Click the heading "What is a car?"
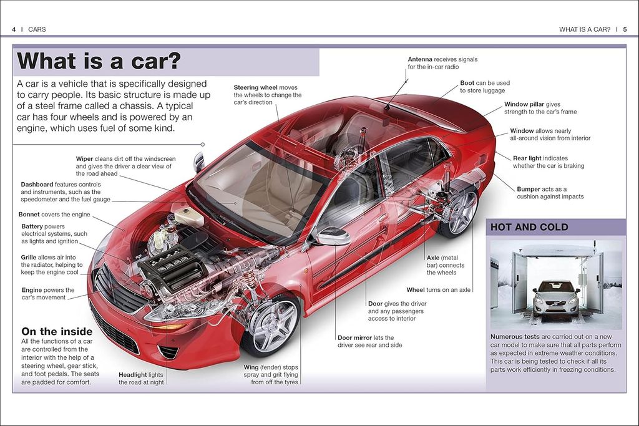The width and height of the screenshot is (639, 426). [x=99, y=61]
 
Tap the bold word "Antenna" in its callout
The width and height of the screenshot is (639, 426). [x=420, y=59]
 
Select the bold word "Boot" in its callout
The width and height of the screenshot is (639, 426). [x=467, y=83]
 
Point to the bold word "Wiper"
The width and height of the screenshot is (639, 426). [x=84, y=159]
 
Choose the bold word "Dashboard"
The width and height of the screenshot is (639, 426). [x=37, y=185]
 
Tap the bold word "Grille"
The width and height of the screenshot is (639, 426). [x=31, y=257]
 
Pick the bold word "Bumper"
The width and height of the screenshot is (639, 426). [x=529, y=189]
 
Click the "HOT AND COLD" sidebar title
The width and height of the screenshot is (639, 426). [x=529, y=228]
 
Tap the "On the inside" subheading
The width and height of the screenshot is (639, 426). [x=57, y=332]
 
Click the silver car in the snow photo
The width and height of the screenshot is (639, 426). [x=556, y=297]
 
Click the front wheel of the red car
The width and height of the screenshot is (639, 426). [x=273, y=325]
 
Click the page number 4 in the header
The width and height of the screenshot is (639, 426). [x=14, y=29]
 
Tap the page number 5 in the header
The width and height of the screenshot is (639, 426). [x=625, y=29]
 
